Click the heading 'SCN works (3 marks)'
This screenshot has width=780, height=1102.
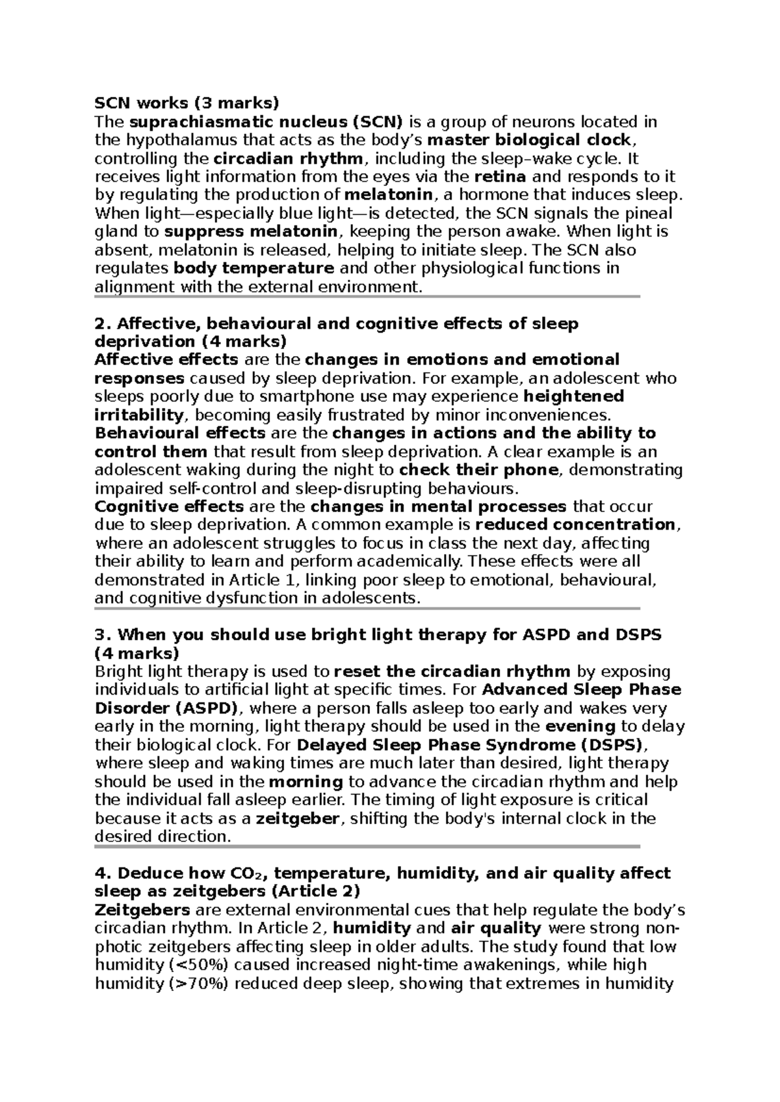click(x=187, y=103)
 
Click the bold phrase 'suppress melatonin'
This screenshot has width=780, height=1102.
click(x=251, y=232)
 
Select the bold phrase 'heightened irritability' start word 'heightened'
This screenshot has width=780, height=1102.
click(x=573, y=396)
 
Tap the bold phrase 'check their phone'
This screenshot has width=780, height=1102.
click(x=478, y=470)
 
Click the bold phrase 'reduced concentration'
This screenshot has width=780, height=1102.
click(x=575, y=524)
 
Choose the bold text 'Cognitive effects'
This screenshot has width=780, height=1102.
click(x=169, y=506)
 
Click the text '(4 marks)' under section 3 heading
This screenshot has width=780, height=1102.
click(x=136, y=653)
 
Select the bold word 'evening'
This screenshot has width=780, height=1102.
click(x=580, y=726)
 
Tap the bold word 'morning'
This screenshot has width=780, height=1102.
click(x=305, y=782)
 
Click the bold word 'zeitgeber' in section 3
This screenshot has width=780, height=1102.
click(x=298, y=819)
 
